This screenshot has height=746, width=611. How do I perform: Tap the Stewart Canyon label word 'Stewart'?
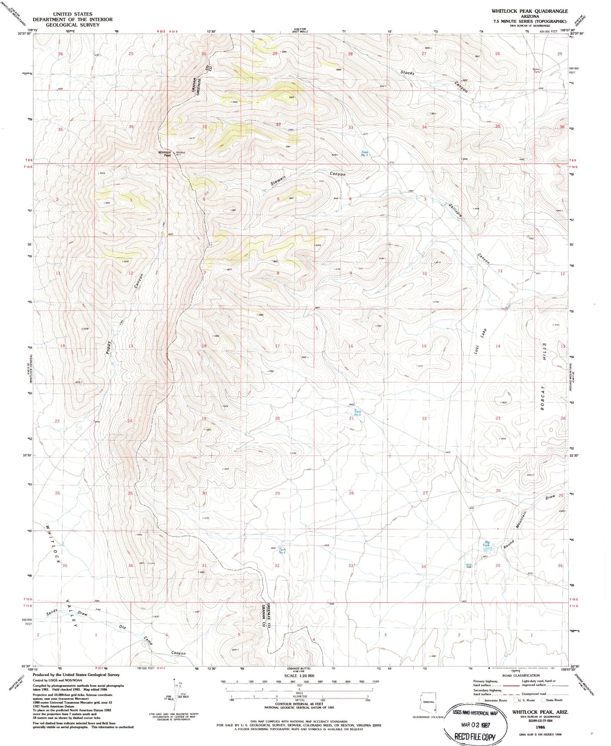(278, 181)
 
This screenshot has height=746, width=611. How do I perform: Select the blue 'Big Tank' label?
(487, 544)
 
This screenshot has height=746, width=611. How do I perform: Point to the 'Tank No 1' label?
(364, 154)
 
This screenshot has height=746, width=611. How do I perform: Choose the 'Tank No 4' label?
(282, 551)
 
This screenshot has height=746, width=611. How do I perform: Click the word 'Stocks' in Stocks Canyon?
(407, 73)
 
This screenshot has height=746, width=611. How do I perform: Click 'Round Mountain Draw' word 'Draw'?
(550, 498)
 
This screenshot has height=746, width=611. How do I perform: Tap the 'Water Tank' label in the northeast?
(537, 71)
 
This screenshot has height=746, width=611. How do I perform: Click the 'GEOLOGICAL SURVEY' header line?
(73, 25)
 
